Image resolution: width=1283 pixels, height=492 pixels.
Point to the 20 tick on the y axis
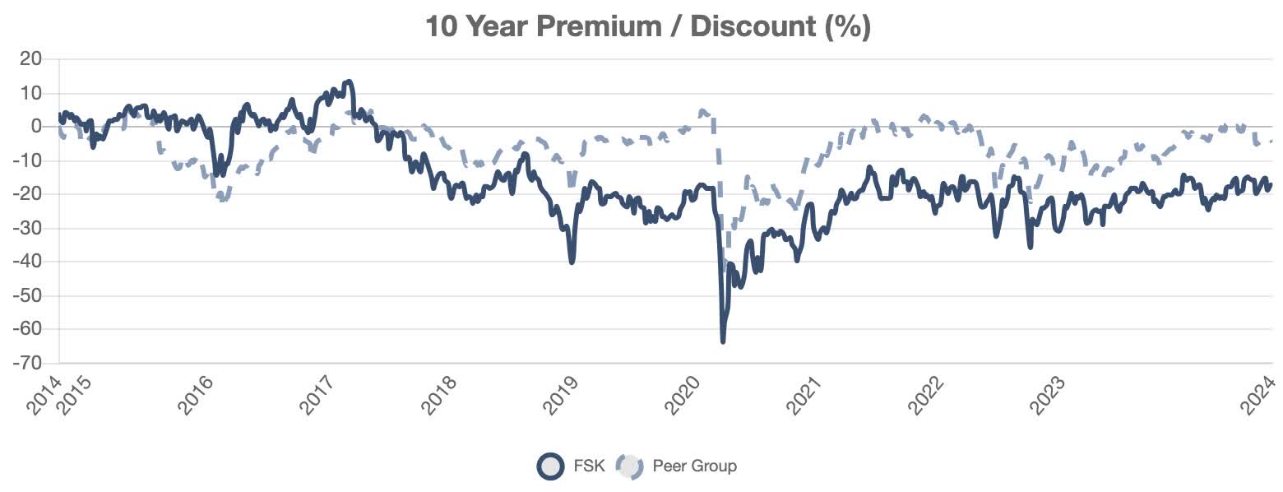[31, 59]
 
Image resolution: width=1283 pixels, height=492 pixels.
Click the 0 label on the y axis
[36, 127]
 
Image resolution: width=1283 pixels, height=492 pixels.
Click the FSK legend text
[589, 466]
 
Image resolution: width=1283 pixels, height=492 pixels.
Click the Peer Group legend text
[694, 466]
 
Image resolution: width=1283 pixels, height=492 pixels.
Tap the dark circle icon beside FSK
[549, 466]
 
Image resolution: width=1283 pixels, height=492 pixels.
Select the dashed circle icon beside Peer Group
[630, 466]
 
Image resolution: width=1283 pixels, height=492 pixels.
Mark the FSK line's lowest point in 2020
[723, 341]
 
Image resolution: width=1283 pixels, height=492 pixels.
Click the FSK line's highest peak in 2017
[349, 81]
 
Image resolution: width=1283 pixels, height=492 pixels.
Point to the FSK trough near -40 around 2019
[572, 262]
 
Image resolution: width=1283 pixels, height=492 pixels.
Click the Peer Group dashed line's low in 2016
[222, 200]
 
